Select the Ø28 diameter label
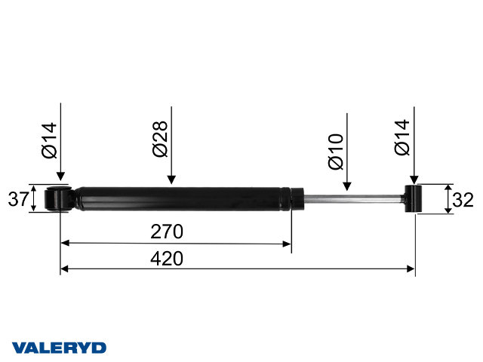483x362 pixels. tap(160, 140)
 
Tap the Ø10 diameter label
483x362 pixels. tap(336, 151)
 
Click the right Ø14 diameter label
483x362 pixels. tap(402, 138)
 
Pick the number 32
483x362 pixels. tap(466, 199)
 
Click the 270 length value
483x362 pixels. tap(167, 231)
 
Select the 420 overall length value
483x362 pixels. tap(167, 258)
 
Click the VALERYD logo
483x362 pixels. tap(59, 348)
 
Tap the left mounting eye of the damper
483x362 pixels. tap(58, 199)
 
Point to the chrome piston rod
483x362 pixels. tap(351, 199)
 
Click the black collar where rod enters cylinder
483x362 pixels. tap(296, 199)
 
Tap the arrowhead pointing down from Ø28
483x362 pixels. tap(172, 180)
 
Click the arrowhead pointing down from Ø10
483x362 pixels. tap(347, 186)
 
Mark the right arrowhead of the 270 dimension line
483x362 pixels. tap(287, 244)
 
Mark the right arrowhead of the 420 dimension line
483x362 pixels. tap(411, 268)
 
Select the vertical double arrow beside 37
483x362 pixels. tap(34, 199)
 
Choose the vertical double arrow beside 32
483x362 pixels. tap(448, 199)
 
